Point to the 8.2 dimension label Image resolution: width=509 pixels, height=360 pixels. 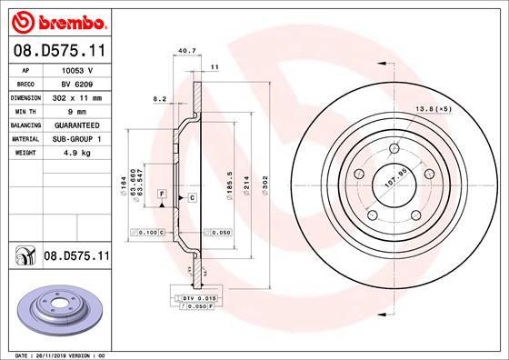159,97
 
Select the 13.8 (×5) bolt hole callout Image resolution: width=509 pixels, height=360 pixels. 433,109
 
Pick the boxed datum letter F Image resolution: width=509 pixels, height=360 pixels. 161,195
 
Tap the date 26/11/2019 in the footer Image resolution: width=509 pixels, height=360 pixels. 54,354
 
